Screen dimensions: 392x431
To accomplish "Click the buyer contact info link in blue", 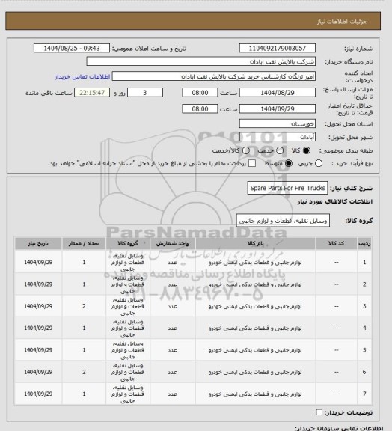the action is tap(83, 77).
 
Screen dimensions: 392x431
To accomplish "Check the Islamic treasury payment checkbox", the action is tap(252, 163).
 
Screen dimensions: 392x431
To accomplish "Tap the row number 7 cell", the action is tap(364, 393).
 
